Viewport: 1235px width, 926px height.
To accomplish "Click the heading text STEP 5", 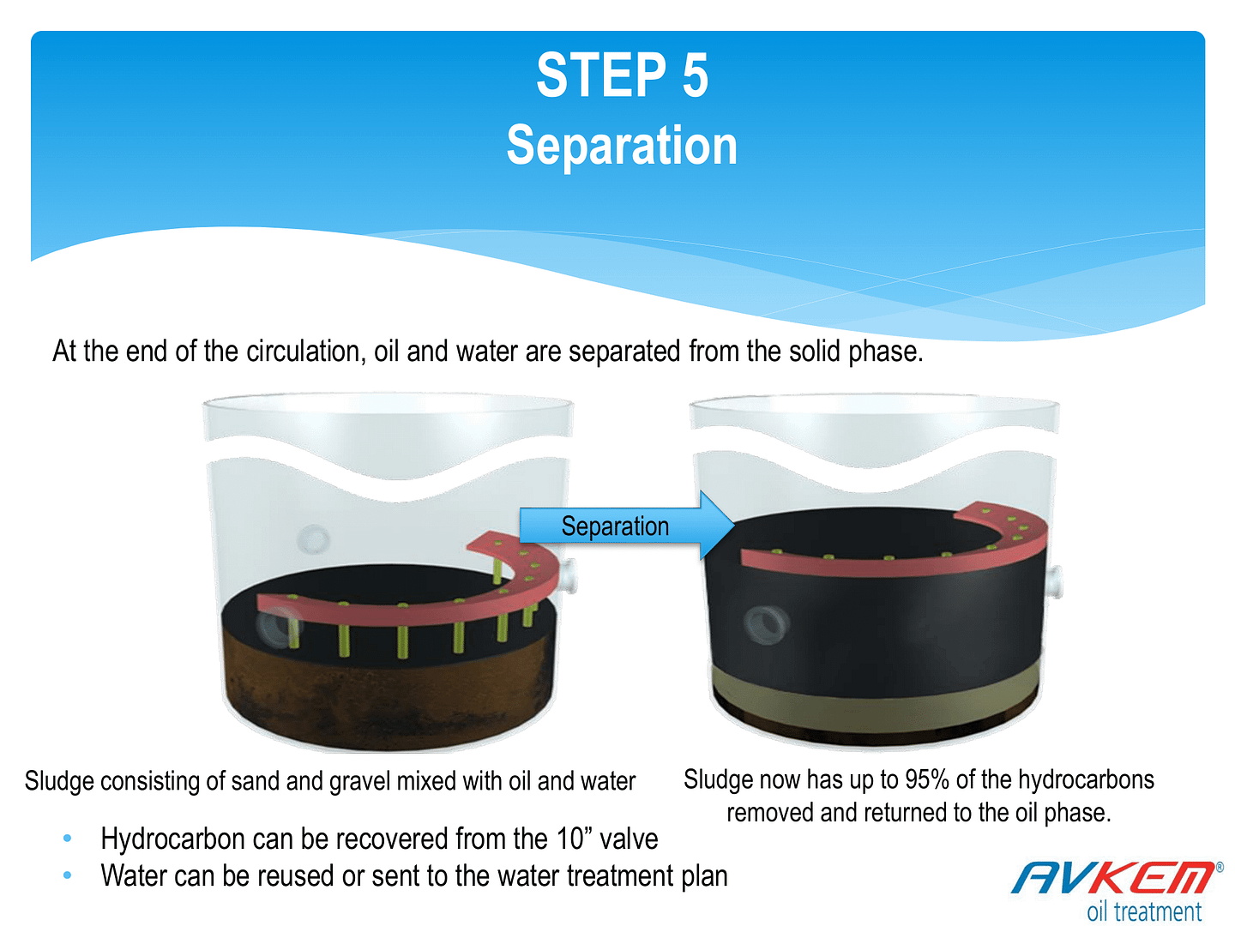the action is coord(622,75).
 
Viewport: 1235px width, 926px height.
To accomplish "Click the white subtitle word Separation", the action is coord(622,145).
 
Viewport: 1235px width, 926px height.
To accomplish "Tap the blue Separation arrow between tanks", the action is coord(626,525).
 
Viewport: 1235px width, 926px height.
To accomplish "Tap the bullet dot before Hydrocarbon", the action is coord(68,839).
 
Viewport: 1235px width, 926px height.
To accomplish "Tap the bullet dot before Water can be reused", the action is coord(68,875).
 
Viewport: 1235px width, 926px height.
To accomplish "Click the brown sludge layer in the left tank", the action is coord(389,697).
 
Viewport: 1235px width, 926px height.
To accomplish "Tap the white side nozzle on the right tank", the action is coord(1054,583).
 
